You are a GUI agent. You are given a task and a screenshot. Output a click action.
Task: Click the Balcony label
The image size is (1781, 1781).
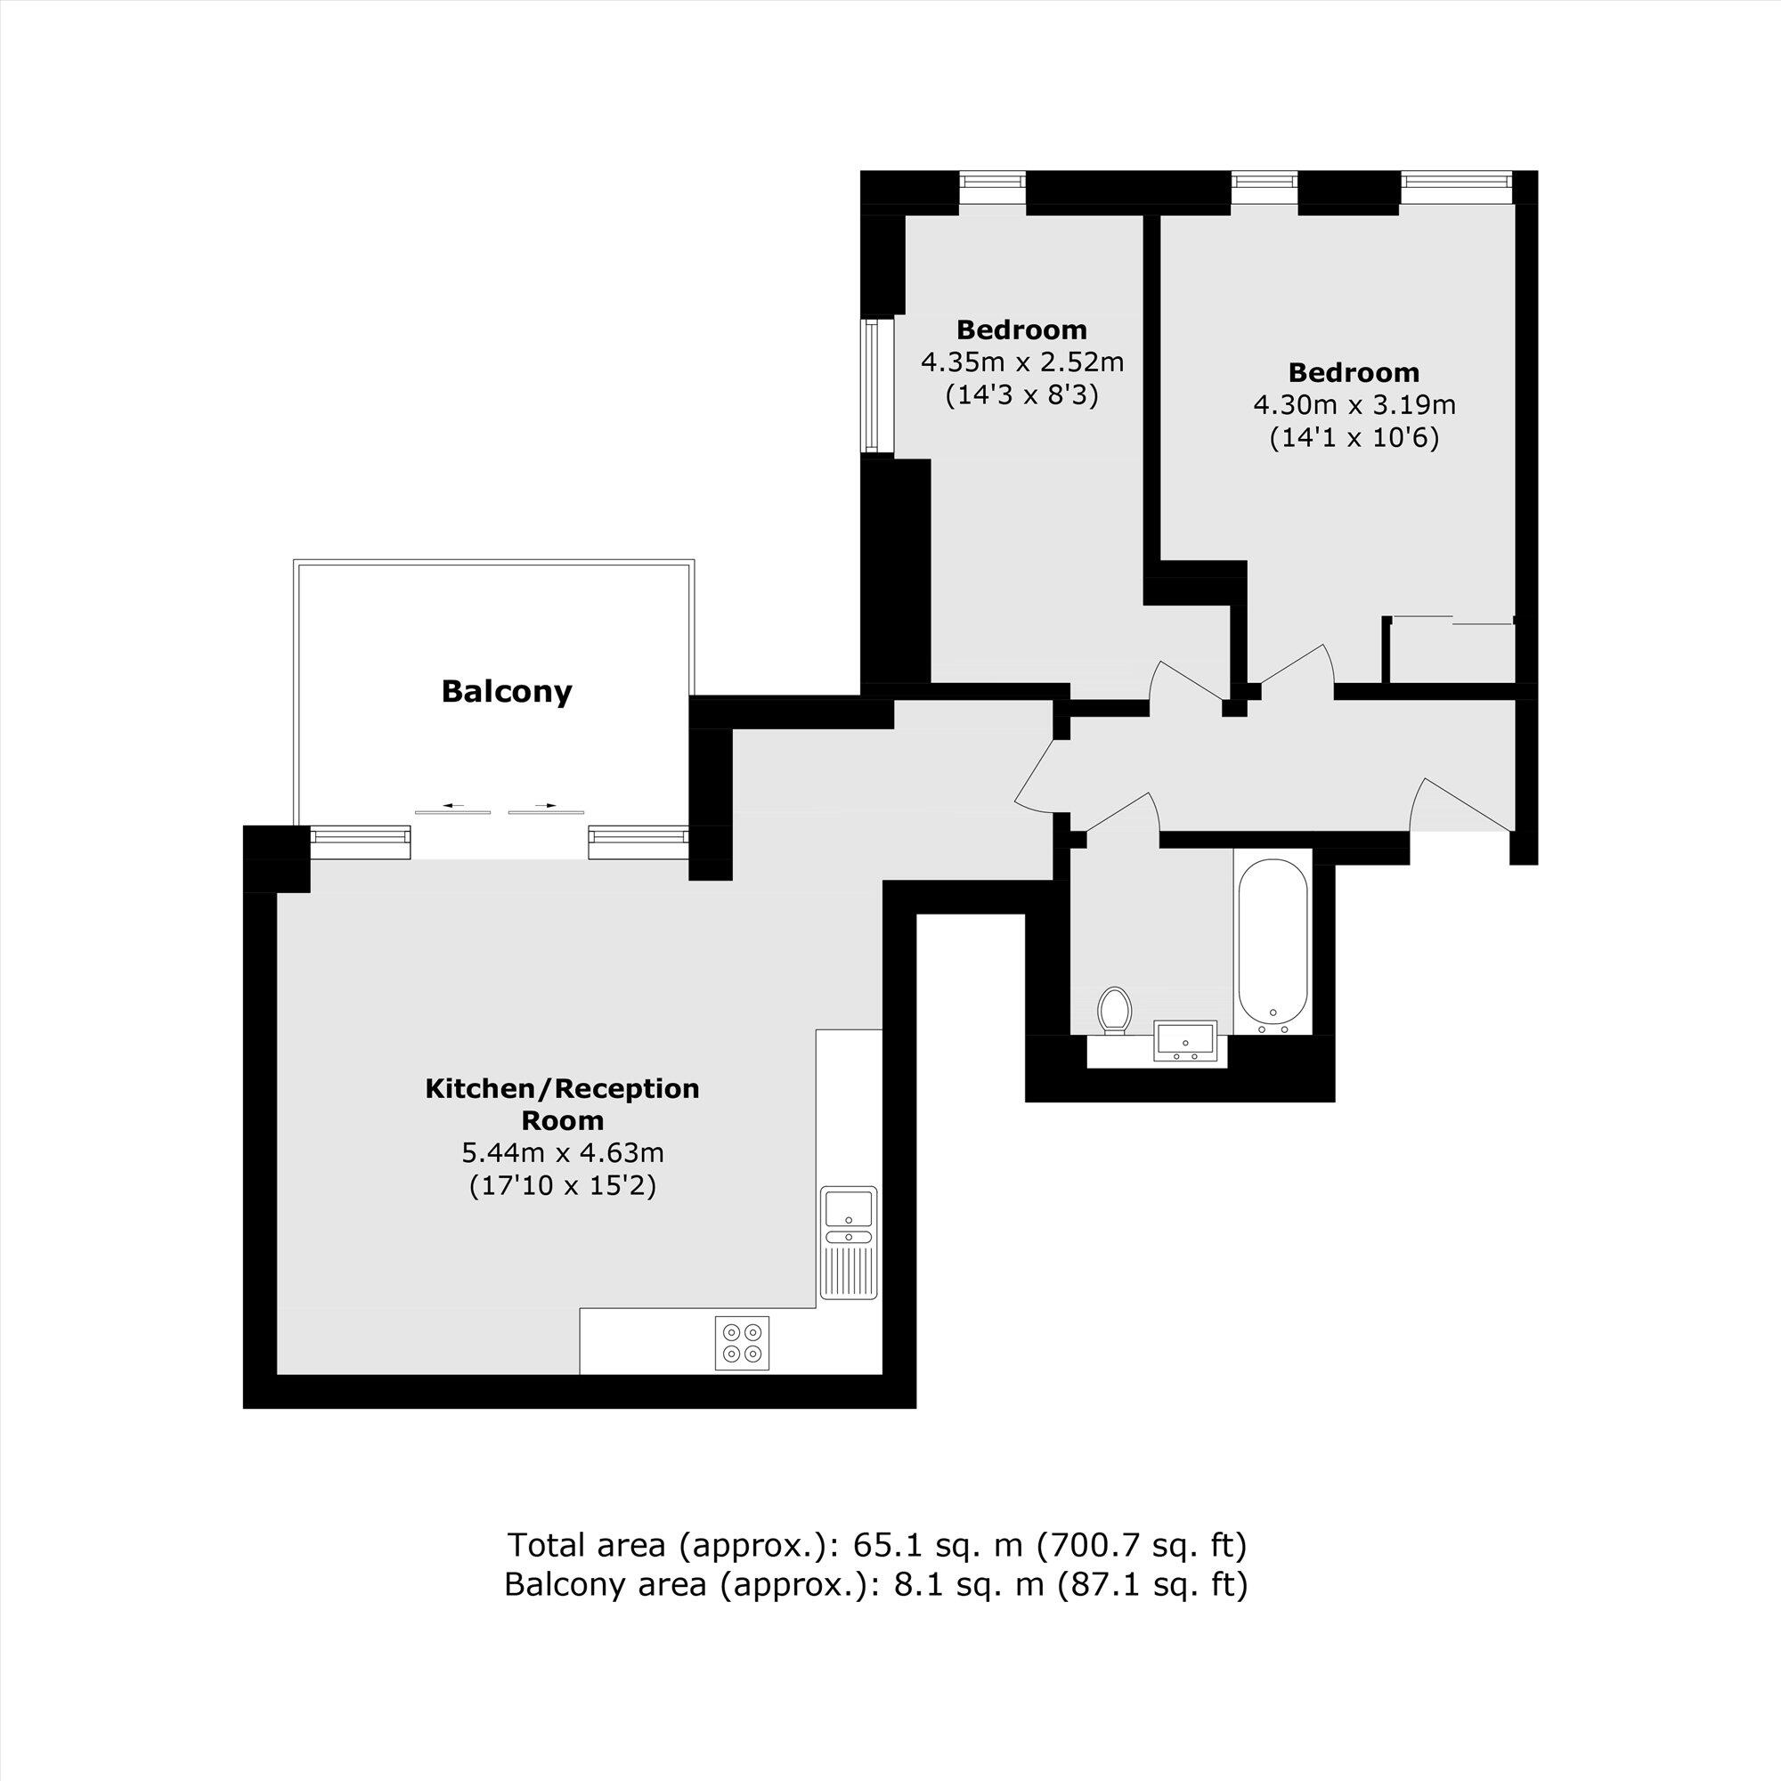point(506,691)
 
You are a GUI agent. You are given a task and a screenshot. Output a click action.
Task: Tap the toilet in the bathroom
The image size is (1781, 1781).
point(1116,1012)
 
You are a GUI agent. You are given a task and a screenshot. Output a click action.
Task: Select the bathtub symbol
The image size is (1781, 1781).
point(1273,942)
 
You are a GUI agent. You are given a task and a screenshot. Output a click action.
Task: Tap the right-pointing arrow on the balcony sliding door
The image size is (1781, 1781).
point(547,807)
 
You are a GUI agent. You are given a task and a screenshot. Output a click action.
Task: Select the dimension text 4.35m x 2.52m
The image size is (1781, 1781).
point(1022,362)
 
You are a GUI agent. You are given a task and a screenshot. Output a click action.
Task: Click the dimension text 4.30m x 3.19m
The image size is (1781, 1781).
point(1354,404)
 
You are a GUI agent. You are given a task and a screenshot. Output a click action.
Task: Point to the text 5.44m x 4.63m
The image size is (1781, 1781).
point(562,1152)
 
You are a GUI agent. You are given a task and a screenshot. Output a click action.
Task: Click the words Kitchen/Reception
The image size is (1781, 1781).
point(562,1089)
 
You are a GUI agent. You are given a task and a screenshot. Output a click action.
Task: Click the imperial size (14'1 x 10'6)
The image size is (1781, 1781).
point(1354,438)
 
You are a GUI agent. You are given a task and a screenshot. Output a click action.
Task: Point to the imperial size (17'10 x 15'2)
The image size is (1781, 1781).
point(562,1185)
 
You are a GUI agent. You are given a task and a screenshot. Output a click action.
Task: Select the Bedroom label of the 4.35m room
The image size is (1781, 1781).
point(1021,329)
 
